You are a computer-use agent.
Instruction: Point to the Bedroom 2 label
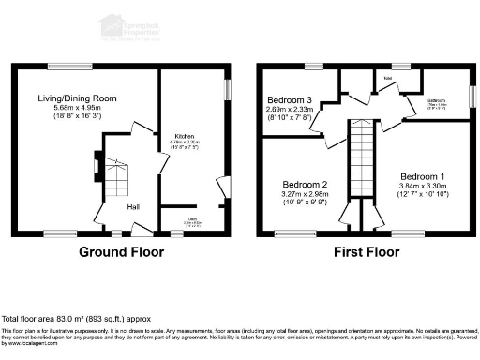[305, 185]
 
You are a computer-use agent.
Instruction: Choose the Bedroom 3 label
[290, 99]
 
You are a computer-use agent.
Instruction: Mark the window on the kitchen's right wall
[227, 88]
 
